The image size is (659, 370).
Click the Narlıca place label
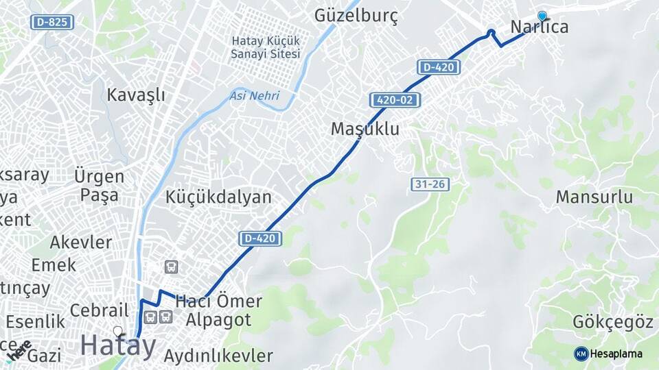[540, 27]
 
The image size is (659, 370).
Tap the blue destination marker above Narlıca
[542, 16]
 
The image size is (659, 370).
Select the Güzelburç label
[356, 16]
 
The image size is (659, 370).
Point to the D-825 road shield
[52, 22]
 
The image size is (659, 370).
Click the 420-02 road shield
[395, 100]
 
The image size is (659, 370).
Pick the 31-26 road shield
[430, 184]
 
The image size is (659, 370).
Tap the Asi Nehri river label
[255, 96]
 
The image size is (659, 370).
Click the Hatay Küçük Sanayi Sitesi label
[266, 47]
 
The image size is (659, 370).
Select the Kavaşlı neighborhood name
[136, 95]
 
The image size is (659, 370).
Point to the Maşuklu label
[365, 129]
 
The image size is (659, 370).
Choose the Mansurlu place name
[594, 197]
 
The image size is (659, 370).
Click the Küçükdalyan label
[218, 197]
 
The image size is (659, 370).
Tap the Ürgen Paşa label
[100, 185]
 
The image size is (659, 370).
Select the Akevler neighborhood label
[80, 242]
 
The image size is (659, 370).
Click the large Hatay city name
[118, 345]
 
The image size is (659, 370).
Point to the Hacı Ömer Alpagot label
[218, 310]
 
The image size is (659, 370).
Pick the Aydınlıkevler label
[218, 356]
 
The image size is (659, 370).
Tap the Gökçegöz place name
[612, 321]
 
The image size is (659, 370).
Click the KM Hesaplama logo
[608, 354]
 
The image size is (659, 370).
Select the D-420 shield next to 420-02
[439, 67]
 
